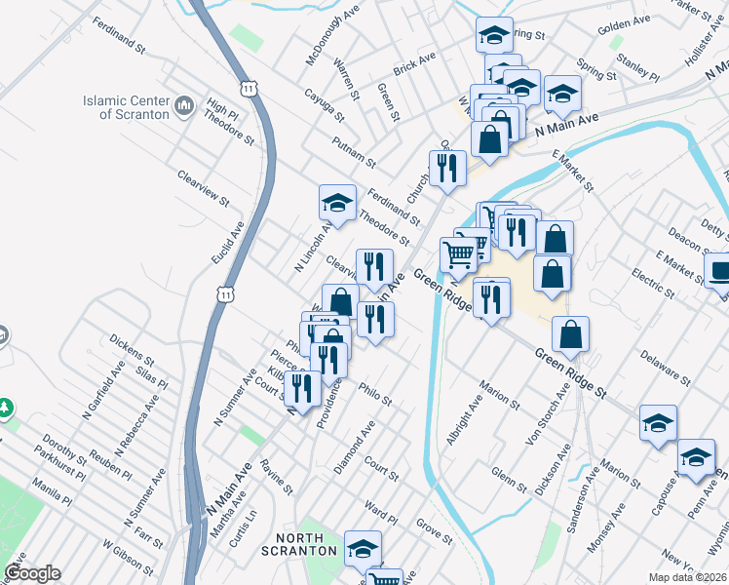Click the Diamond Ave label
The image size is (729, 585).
[355, 448]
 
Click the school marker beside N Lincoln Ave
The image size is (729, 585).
[336, 205]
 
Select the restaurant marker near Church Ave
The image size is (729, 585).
[446, 168]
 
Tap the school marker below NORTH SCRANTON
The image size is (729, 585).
[363, 549]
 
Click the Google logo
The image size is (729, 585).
[32, 573]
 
